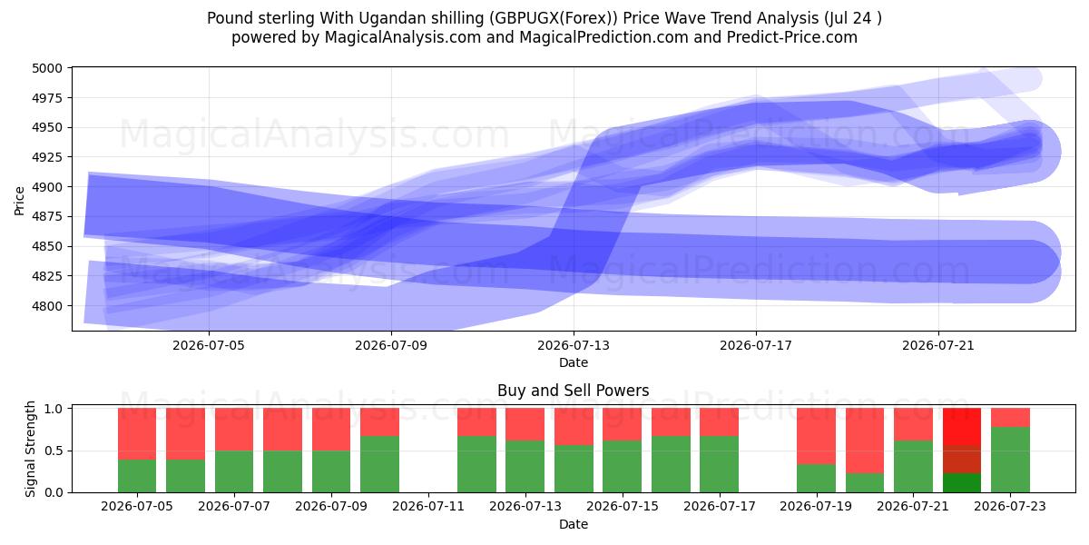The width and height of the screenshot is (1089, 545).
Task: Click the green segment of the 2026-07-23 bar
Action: pyautogui.click(x=1010, y=460)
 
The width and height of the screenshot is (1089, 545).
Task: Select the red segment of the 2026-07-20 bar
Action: pyautogui.click(x=865, y=441)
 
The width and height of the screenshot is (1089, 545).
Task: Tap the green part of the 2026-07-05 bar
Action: pyautogui.click(x=137, y=476)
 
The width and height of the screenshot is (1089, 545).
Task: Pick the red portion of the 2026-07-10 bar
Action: pyautogui.click(x=379, y=421)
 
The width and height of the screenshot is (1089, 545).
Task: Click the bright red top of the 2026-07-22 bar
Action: pyautogui.click(x=962, y=427)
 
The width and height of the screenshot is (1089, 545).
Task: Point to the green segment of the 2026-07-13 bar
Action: pyautogui.click(x=525, y=466)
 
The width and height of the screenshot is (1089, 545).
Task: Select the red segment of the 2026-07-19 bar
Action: pyautogui.click(x=816, y=436)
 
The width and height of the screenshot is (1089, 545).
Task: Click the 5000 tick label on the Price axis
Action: pyautogui.click(x=47, y=68)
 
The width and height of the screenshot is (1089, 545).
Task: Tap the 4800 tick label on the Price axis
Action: pyautogui.click(x=47, y=306)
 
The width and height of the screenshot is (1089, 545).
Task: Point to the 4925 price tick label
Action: pyautogui.click(x=47, y=157)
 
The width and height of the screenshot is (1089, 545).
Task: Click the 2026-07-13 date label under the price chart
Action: pyautogui.click(x=574, y=345)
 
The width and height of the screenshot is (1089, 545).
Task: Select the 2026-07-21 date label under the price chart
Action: pyautogui.click(x=938, y=345)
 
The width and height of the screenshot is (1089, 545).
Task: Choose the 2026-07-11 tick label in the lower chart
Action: pyautogui.click(x=428, y=507)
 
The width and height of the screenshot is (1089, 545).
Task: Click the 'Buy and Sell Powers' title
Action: pyautogui.click(x=574, y=391)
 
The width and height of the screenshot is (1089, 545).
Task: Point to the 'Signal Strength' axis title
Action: pyautogui.click(x=30, y=449)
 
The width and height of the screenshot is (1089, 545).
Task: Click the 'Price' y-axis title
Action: pyautogui.click(x=19, y=201)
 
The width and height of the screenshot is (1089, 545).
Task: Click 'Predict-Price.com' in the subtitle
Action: pyautogui.click(x=792, y=37)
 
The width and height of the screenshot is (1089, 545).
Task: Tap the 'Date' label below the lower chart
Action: pyautogui.click(x=574, y=525)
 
